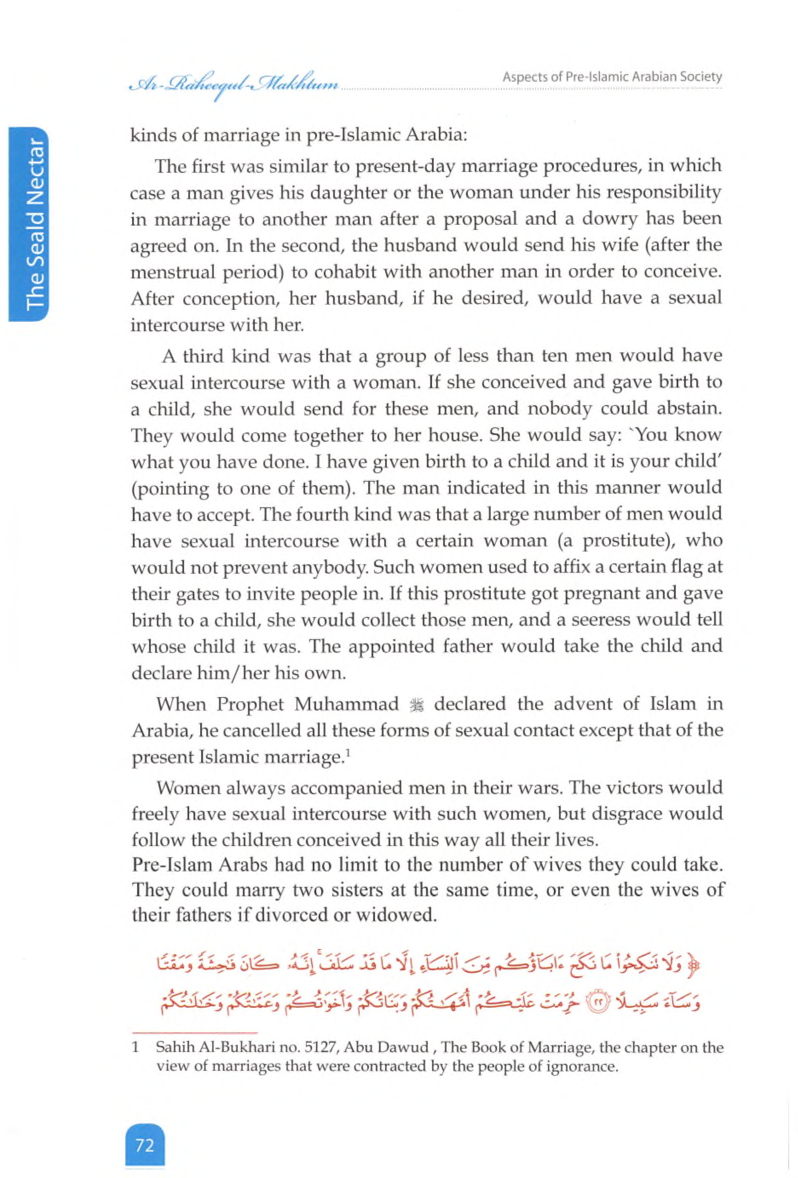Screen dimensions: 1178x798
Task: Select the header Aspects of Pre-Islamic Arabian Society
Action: click(612, 77)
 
